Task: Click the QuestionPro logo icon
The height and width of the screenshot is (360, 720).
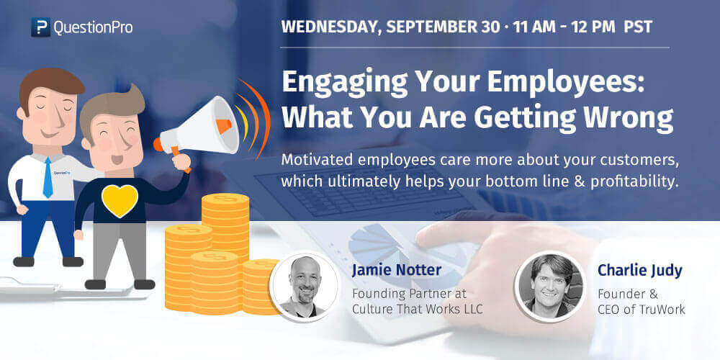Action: (41, 27)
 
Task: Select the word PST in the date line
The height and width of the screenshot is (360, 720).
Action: (638, 27)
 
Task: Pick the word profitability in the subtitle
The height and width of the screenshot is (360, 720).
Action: (634, 182)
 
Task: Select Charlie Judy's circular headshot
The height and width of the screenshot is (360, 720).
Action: (549, 285)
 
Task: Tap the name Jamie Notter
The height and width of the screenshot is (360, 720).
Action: (397, 271)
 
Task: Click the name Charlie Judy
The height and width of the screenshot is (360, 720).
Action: (639, 271)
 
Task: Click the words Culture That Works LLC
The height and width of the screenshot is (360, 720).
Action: (418, 310)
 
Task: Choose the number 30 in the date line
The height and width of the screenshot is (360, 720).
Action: (490, 27)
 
